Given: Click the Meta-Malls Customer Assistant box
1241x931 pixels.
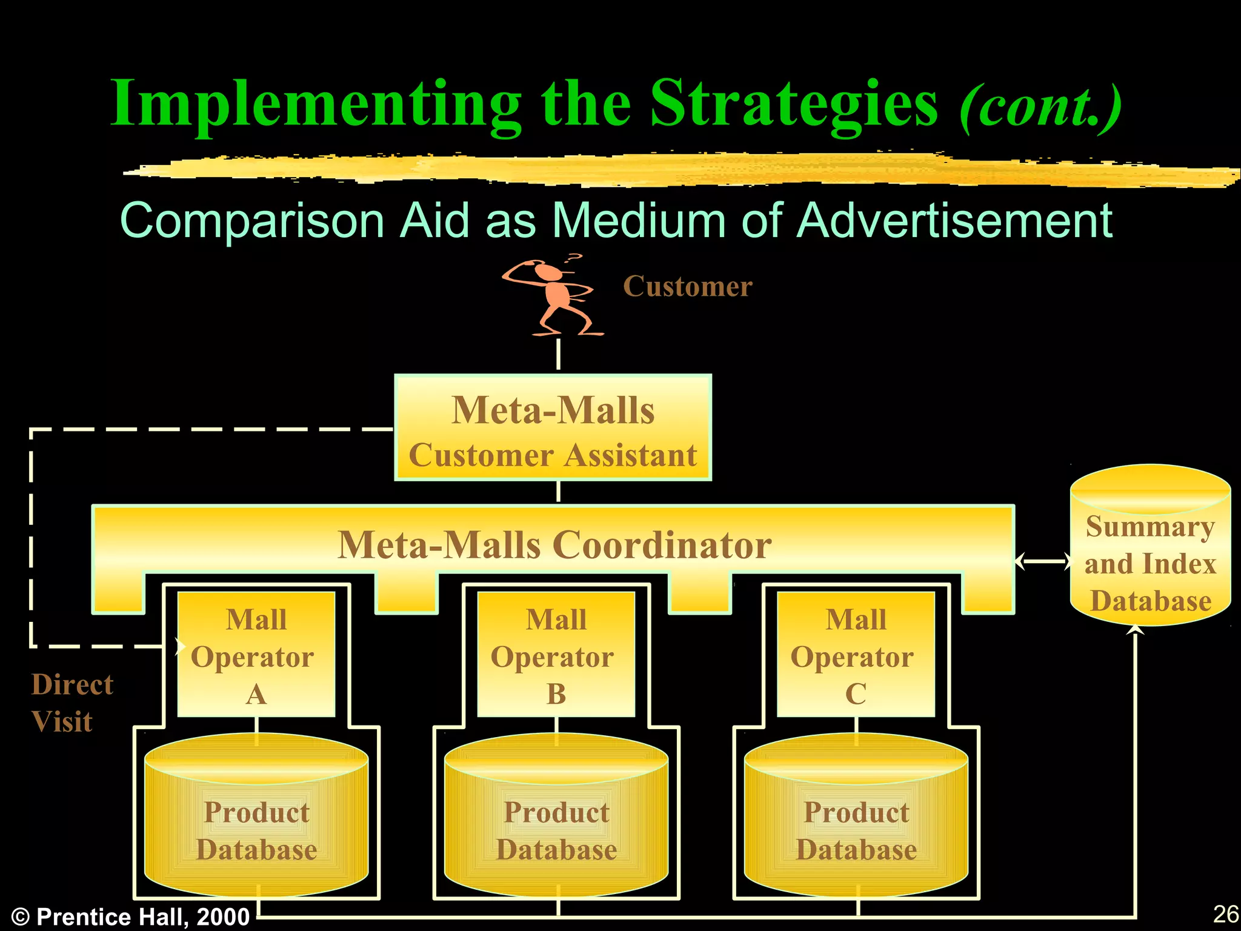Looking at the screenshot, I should (x=553, y=428).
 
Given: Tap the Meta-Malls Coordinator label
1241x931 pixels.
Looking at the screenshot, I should (x=554, y=545).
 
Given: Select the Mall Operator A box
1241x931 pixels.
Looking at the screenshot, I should (x=256, y=655).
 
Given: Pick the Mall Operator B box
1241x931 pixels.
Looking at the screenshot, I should (x=556, y=655).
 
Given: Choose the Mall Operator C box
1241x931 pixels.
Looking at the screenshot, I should (x=856, y=655).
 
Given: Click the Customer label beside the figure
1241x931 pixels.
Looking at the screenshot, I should (x=688, y=286).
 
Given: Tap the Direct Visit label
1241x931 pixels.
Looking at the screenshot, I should (x=72, y=703).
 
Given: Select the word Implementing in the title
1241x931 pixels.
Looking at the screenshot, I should (x=315, y=104).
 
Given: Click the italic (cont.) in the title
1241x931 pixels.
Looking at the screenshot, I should (x=1040, y=107).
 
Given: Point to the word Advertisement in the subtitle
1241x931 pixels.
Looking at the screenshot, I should (x=954, y=221).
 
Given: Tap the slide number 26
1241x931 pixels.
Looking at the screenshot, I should (x=1225, y=913).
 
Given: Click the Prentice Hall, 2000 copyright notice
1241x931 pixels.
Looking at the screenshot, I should (x=131, y=916).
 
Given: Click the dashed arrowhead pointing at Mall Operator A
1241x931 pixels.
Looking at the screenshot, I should (x=179, y=646).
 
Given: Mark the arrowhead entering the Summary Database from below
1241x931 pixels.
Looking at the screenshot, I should (x=1135, y=630).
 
